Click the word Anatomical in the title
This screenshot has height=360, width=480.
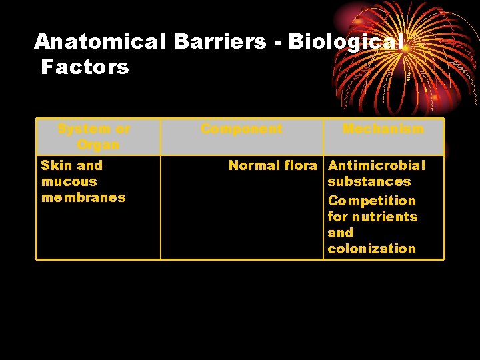click(100, 42)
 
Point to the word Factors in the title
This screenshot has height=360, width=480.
click(85, 67)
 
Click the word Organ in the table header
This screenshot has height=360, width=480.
click(98, 145)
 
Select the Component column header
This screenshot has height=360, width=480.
click(241, 129)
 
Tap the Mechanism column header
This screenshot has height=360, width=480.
click(383, 129)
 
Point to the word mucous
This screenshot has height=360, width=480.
click(69, 181)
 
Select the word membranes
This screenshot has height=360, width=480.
click(83, 197)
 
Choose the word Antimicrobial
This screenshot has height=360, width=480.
click(376, 165)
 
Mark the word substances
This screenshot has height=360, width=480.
click(369, 181)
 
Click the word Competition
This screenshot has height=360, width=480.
click(371, 201)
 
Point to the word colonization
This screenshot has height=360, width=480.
click(371, 249)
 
